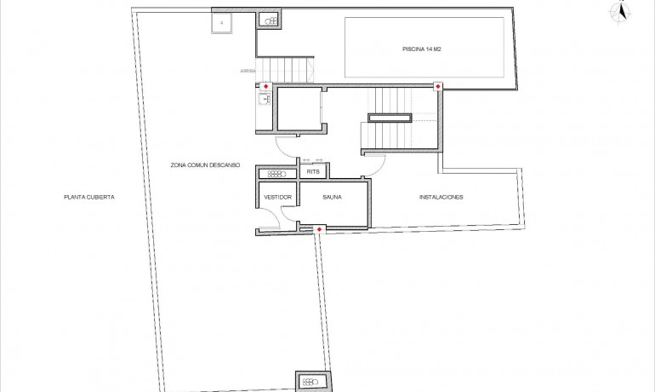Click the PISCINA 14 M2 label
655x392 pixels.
[421, 49]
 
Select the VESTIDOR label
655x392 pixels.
[277, 198]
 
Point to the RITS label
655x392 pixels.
[312, 172]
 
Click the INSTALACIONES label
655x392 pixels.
[441, 198]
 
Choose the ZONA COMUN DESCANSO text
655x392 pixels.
[205, 164]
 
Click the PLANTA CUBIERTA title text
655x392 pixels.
[88, 197]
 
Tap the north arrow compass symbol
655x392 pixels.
[621, 12]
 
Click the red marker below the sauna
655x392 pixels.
[318, 228]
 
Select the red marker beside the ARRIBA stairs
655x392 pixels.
[266, 86]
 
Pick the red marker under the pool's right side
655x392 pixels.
[437, 86]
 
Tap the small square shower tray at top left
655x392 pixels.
[223, 22]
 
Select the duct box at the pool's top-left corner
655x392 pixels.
[269, 20]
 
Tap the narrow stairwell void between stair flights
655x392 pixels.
[390, 117]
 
